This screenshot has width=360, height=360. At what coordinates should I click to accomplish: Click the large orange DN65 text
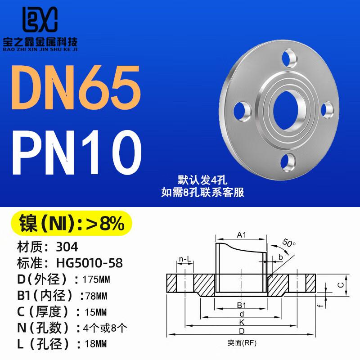76,87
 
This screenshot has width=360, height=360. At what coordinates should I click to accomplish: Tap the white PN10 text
77,153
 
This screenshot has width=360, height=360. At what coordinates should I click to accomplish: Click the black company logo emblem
40,19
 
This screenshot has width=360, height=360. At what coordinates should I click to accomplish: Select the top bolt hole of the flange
289,58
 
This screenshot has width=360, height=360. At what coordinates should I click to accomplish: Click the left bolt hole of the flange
242,111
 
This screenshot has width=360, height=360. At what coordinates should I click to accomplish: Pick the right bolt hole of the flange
327,110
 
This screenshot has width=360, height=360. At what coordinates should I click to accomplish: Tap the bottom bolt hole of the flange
288,162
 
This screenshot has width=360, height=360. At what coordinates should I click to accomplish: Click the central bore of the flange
286,111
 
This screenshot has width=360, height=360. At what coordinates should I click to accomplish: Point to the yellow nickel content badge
72,223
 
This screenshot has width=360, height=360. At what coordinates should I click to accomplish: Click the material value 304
67,247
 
